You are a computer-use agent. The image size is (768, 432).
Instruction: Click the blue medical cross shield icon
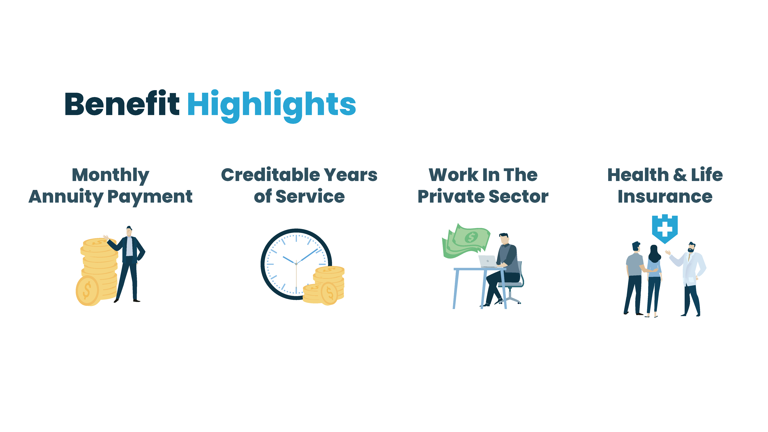(664, 229)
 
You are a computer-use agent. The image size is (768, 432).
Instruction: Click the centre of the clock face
(296, 264)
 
